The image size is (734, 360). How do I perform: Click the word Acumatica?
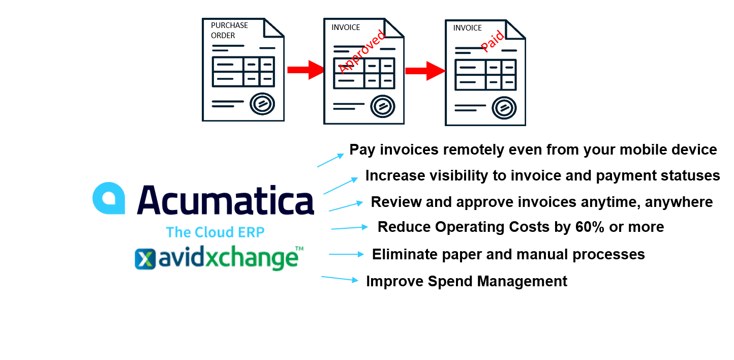[x=225, y=200]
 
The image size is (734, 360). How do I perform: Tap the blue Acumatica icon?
[x=109, y=198]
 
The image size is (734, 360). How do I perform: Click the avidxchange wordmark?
[x=227, y=258]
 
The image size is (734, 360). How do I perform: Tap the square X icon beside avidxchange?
[x=144, y=259]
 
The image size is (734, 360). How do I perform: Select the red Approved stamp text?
[x=361, y=51]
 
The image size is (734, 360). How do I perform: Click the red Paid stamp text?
[x=492, y=41]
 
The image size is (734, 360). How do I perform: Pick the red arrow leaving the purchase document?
[x=305, y=70]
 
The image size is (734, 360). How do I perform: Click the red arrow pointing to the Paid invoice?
[x=425, y=71]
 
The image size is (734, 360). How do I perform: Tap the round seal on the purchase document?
[x=262, y=104]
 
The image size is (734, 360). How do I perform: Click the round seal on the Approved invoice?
[x=383, y=106]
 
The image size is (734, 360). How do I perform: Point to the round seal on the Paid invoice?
[x=504, y=107]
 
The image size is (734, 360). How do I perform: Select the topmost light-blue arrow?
[x=331, y=160]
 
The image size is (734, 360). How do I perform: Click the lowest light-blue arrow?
[x=340, y=279]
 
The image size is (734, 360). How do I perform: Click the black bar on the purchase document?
[x=233, y=32]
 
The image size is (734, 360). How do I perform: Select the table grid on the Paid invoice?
[x=485, y=74]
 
